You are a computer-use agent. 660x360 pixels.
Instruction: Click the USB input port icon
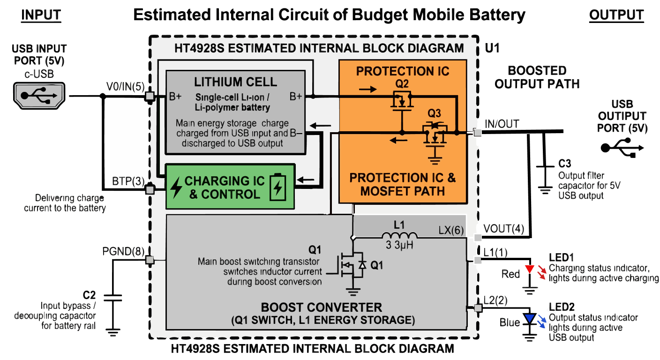click(39, 96)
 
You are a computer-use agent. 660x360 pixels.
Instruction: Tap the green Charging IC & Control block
click(230, 187)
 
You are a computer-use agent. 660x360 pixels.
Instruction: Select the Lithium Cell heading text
click(235, 82)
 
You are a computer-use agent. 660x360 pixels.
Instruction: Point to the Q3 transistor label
click(434, 113)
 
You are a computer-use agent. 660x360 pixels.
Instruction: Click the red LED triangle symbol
click(529, 270)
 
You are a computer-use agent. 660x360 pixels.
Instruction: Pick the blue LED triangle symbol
click(529, 319)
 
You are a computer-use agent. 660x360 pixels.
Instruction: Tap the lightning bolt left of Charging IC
click(176, 187)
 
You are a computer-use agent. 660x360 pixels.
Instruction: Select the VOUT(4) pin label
click(504, 229)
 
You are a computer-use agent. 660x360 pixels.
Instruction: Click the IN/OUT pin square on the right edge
click(477, 133)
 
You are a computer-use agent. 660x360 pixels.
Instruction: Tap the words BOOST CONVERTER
click(321, 307)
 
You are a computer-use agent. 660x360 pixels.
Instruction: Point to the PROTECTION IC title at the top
click(403, 71)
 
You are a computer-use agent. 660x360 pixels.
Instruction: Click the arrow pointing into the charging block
click(306, 179)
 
